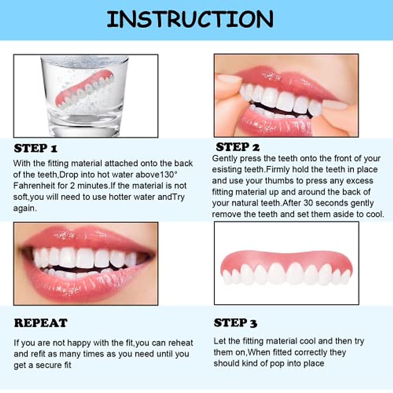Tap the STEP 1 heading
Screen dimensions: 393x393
(x=35, y=148)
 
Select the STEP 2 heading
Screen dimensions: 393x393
(x=237, y=147)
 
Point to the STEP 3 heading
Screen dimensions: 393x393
(x=235, y=323)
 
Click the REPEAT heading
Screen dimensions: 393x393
(x=41, y=323)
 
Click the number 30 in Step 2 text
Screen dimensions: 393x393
(x=309, y=203)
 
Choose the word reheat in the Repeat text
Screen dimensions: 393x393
(x=180, y=343)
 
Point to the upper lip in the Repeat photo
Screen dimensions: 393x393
(x=85, y=237)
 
